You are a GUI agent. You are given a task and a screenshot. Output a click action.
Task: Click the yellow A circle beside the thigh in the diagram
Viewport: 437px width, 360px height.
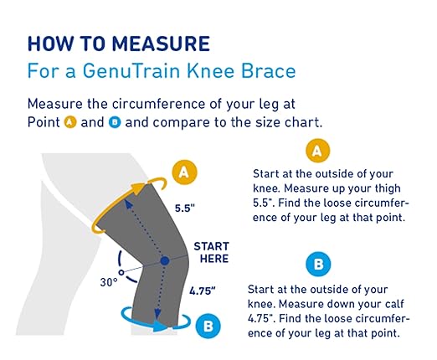(186, 173)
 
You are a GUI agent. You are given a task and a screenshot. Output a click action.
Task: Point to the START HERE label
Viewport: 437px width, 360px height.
(210, 253)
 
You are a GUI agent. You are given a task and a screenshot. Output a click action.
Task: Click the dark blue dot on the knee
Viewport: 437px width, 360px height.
(164, 260)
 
